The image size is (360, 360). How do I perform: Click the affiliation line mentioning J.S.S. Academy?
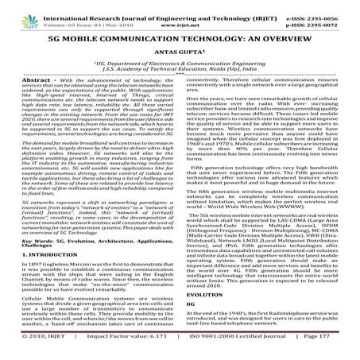180,66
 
